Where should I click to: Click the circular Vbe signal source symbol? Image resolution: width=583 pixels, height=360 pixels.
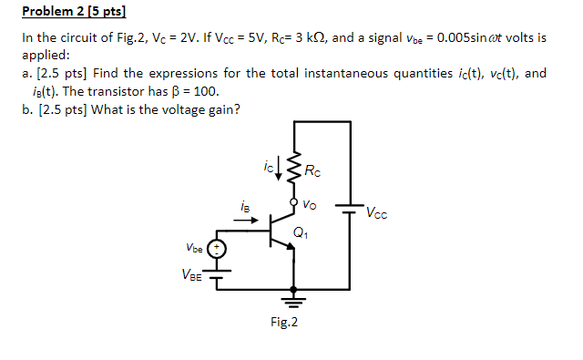[x=216, y=249]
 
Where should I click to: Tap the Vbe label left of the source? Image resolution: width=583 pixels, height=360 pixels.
[x=194, y=247]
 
